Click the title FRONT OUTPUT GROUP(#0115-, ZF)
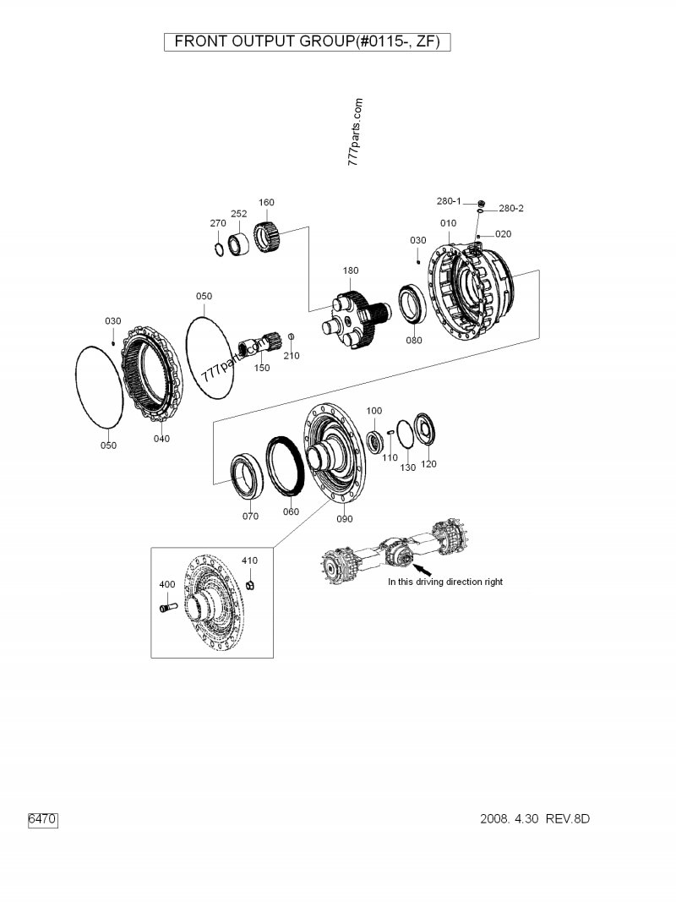[307, 41]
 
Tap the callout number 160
[266, 203]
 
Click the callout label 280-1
[449, 201]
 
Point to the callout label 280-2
[510, 208]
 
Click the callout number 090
[344, 519]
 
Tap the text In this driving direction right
[445, 582]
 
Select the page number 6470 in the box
[42, 819]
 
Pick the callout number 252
[239, 214]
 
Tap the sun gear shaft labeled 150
[254, 346]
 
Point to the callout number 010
[448, 223]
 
